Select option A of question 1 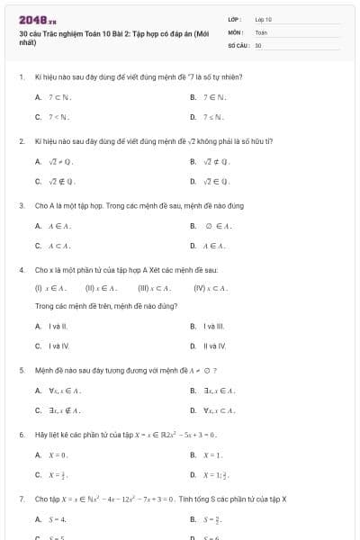(54, 96)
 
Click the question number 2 (21, 141)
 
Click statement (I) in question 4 (50, 288)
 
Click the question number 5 (21, 370)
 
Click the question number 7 (21, 499)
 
